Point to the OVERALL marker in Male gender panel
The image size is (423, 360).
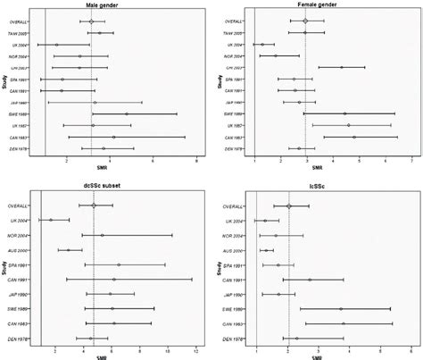[x=91, y=21]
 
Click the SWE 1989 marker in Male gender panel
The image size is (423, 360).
[x=126, y=114]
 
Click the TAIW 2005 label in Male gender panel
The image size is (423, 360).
[x=19, y=33]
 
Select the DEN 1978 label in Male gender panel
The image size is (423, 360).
[x=19, y=149]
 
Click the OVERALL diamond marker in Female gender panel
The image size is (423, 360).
[x=305, y=21]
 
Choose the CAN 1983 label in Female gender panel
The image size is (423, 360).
[x=230, y=138]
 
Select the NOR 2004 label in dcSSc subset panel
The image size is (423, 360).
[x=19, y=235]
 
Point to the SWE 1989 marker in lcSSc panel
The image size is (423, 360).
[x=340, y=309]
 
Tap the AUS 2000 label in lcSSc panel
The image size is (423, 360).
[x=230, y=250]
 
